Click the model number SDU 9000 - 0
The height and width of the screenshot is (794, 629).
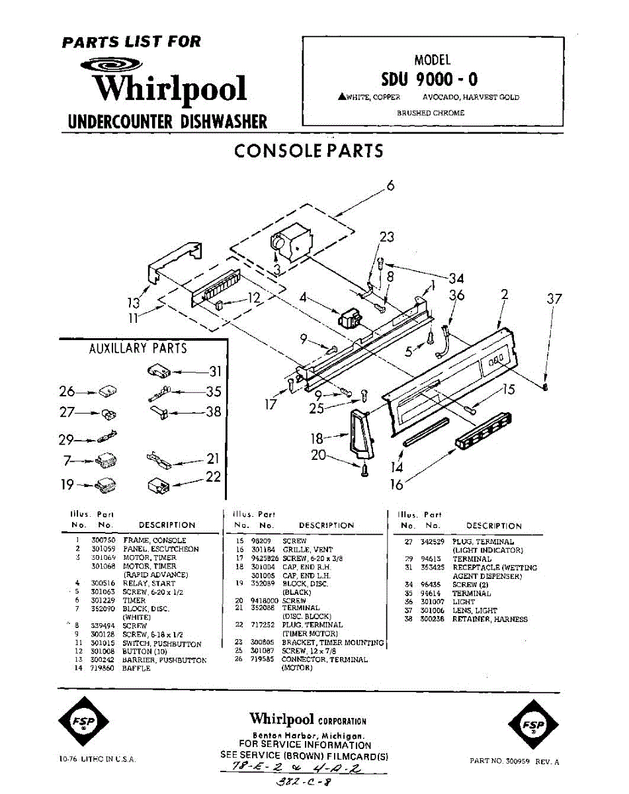pos(429,79)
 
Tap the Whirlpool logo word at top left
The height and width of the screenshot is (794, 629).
pos(169,89)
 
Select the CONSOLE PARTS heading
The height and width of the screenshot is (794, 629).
pos(309,151)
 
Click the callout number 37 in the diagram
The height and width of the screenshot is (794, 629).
pos(554,299)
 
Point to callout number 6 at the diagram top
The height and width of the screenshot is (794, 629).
pos(390,186)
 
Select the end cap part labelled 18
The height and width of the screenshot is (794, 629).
pos(359,433)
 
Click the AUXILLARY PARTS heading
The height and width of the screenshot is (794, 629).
pos(138,348)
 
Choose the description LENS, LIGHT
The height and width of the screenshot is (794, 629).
pos(474,611)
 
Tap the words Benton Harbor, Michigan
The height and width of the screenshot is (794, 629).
pos(307,736)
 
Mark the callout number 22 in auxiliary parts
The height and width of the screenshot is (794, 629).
pos(212,476)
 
